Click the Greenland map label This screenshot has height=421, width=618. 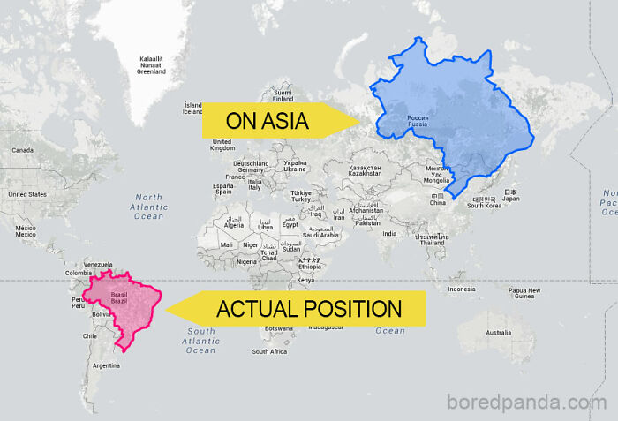click(x=151, y=65)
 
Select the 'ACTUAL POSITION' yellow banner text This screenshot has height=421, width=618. click(x=309, y=309)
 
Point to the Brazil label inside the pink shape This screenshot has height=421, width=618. click(x=119, y=297)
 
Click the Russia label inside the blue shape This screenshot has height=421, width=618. click(x=418, y=121)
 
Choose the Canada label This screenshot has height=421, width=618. click(x=22, y=150)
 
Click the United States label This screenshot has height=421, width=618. click(x=26, y=194)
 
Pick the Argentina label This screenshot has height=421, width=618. click(x=106, y=365)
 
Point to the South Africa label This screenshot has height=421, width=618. click(x=269, y=351)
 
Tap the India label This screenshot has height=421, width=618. click(x=388, y=233)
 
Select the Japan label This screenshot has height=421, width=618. click(x=510, y=199)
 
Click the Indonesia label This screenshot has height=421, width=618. click(x=461, y=289)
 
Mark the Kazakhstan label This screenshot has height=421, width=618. click(x=365, y=170)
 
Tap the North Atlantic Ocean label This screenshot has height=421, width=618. click(x=148, y=207)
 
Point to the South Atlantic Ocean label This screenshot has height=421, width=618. click(x=200, y=341)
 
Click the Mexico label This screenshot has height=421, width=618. click(x=25, y=231)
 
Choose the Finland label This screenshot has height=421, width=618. click(x=283, y=95)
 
